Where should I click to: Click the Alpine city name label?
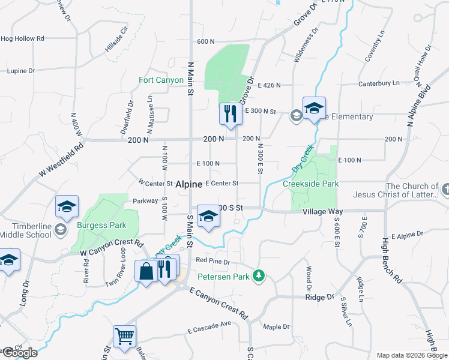pyautogui.click(x=188, y=186)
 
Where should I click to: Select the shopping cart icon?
pyautogui.click(x=124, y=337)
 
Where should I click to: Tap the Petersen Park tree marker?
pyautogui.click(x=259, y=275)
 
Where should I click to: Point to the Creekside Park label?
pyautogui.click(x=311, y=184)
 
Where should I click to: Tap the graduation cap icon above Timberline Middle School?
pyautogui.click(x=67, y=207)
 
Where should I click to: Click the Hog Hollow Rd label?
pyautogui.click(x=23, y=38)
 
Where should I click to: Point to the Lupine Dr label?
pyautogui.click(x=21, y=71)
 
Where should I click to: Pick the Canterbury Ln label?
pyautogui.click(x=379, y=83)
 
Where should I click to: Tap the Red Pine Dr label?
pyautogui.click(x=213, y=260)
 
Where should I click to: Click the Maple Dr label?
pyautogui.click(x=276, y=327)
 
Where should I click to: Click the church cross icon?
pyautogui.click(x=444, y=190)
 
